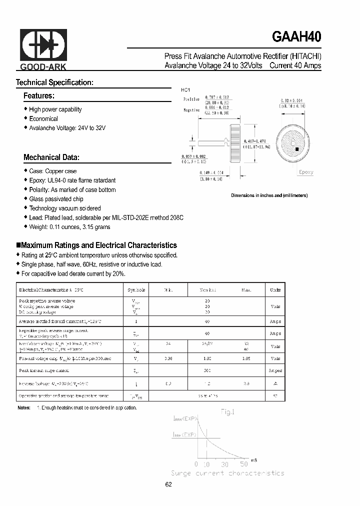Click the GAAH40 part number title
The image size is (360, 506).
[x=297, y=37]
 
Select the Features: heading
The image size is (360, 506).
[x=39, y=95]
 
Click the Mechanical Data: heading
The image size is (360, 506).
[x=51, y=157]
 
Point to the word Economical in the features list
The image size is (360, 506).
[x=43, y=119]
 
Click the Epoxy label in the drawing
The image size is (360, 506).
[x=306, y=172]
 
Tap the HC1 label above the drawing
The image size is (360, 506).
[x=185, y=90]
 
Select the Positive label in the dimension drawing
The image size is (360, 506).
[x=191, y=100]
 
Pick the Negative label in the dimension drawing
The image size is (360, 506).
[x=191, y=110]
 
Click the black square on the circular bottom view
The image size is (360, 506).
[x=297, y=149]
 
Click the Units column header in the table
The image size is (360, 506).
[x=275, y=290]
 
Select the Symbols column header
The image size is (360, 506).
[x=136, y=290]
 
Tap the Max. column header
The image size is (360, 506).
[x=246, y=290]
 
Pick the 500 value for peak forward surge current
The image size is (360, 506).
[x=207, y=370]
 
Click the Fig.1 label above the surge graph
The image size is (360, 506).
[x=227, y=412]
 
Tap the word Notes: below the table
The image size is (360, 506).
[x=24, y=408]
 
